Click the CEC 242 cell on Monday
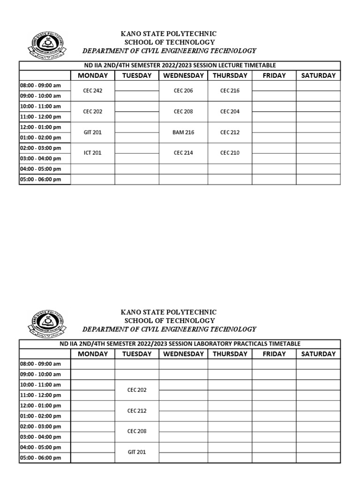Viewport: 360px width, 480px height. click(x=92, y=91)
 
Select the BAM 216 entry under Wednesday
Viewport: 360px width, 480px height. click(x=183, y=133)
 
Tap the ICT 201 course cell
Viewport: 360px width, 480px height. click(x=92, y=153)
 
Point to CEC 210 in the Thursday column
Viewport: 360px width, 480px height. click(x=230, y=153)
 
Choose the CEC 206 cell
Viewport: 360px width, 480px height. click(x=183, y=91)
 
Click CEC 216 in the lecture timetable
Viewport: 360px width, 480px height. click(x=230, y=91)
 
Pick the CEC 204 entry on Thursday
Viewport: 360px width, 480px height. click(x=230, y=112)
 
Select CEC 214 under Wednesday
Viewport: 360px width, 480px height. click(x=183, y=153)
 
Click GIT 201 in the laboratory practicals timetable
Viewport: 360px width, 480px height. click(x=137, y=452)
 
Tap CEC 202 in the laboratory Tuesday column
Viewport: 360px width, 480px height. click(x=137, y=390)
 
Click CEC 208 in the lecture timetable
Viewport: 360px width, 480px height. click(x=183, y=112)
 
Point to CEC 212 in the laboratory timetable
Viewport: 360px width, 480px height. click(x=137, y=411)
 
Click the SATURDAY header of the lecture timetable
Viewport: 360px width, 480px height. click(x=318, y=75)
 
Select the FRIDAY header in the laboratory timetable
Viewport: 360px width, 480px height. click(x=274, y=354)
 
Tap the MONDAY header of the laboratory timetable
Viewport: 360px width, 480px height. click(x=92, y=354)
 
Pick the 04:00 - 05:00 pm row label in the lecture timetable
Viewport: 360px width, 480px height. click(x=40, y=169)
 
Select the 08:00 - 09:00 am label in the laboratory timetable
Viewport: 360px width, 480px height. click(x=40, y=364)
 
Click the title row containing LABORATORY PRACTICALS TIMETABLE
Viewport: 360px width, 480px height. click(x=180, y=344)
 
